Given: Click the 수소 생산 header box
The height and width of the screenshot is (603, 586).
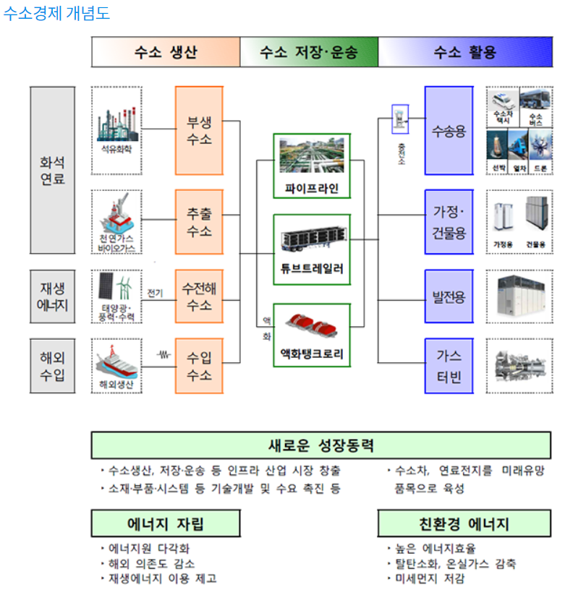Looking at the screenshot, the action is pyautogui.click(x=166, y=52).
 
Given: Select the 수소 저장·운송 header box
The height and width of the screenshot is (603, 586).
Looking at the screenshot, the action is pyautogui.click(x=309, y=52).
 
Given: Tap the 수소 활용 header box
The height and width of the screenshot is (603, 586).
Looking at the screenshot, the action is pyautogui.click(x=465, y=52).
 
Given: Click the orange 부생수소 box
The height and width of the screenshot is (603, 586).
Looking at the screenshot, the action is pyautogui.click(x=199, y=131).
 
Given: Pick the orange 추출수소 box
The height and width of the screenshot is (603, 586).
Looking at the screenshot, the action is pyautogui.click(x=199, y=223).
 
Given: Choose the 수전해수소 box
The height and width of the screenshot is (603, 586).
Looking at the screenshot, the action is pyautogui.click(x=199, y=296).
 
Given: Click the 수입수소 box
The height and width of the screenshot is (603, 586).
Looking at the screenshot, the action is pyautogui.click(x=199, y=367).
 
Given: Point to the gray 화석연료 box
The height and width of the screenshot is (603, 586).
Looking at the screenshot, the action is pyautogui.click(x=53, y=170).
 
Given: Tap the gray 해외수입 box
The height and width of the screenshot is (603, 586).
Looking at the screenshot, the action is pyautogui.click(x=53, y=367).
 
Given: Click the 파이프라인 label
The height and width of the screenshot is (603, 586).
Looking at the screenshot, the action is pyautogui.click(x=312, y=189).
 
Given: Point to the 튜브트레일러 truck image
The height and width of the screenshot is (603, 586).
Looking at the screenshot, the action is pyautogui.click(x=312, y=240).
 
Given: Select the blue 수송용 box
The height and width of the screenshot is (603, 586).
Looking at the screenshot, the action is pyautogui.click(x=449, y=131).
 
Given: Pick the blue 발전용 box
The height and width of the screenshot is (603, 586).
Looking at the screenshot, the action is pyautogui.click(x=449, y=296).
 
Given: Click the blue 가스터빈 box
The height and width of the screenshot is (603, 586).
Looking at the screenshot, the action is pyautogui.click(x=449, y=367).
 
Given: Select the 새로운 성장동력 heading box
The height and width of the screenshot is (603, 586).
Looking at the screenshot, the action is pyautogui.click(x=320, y=445).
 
